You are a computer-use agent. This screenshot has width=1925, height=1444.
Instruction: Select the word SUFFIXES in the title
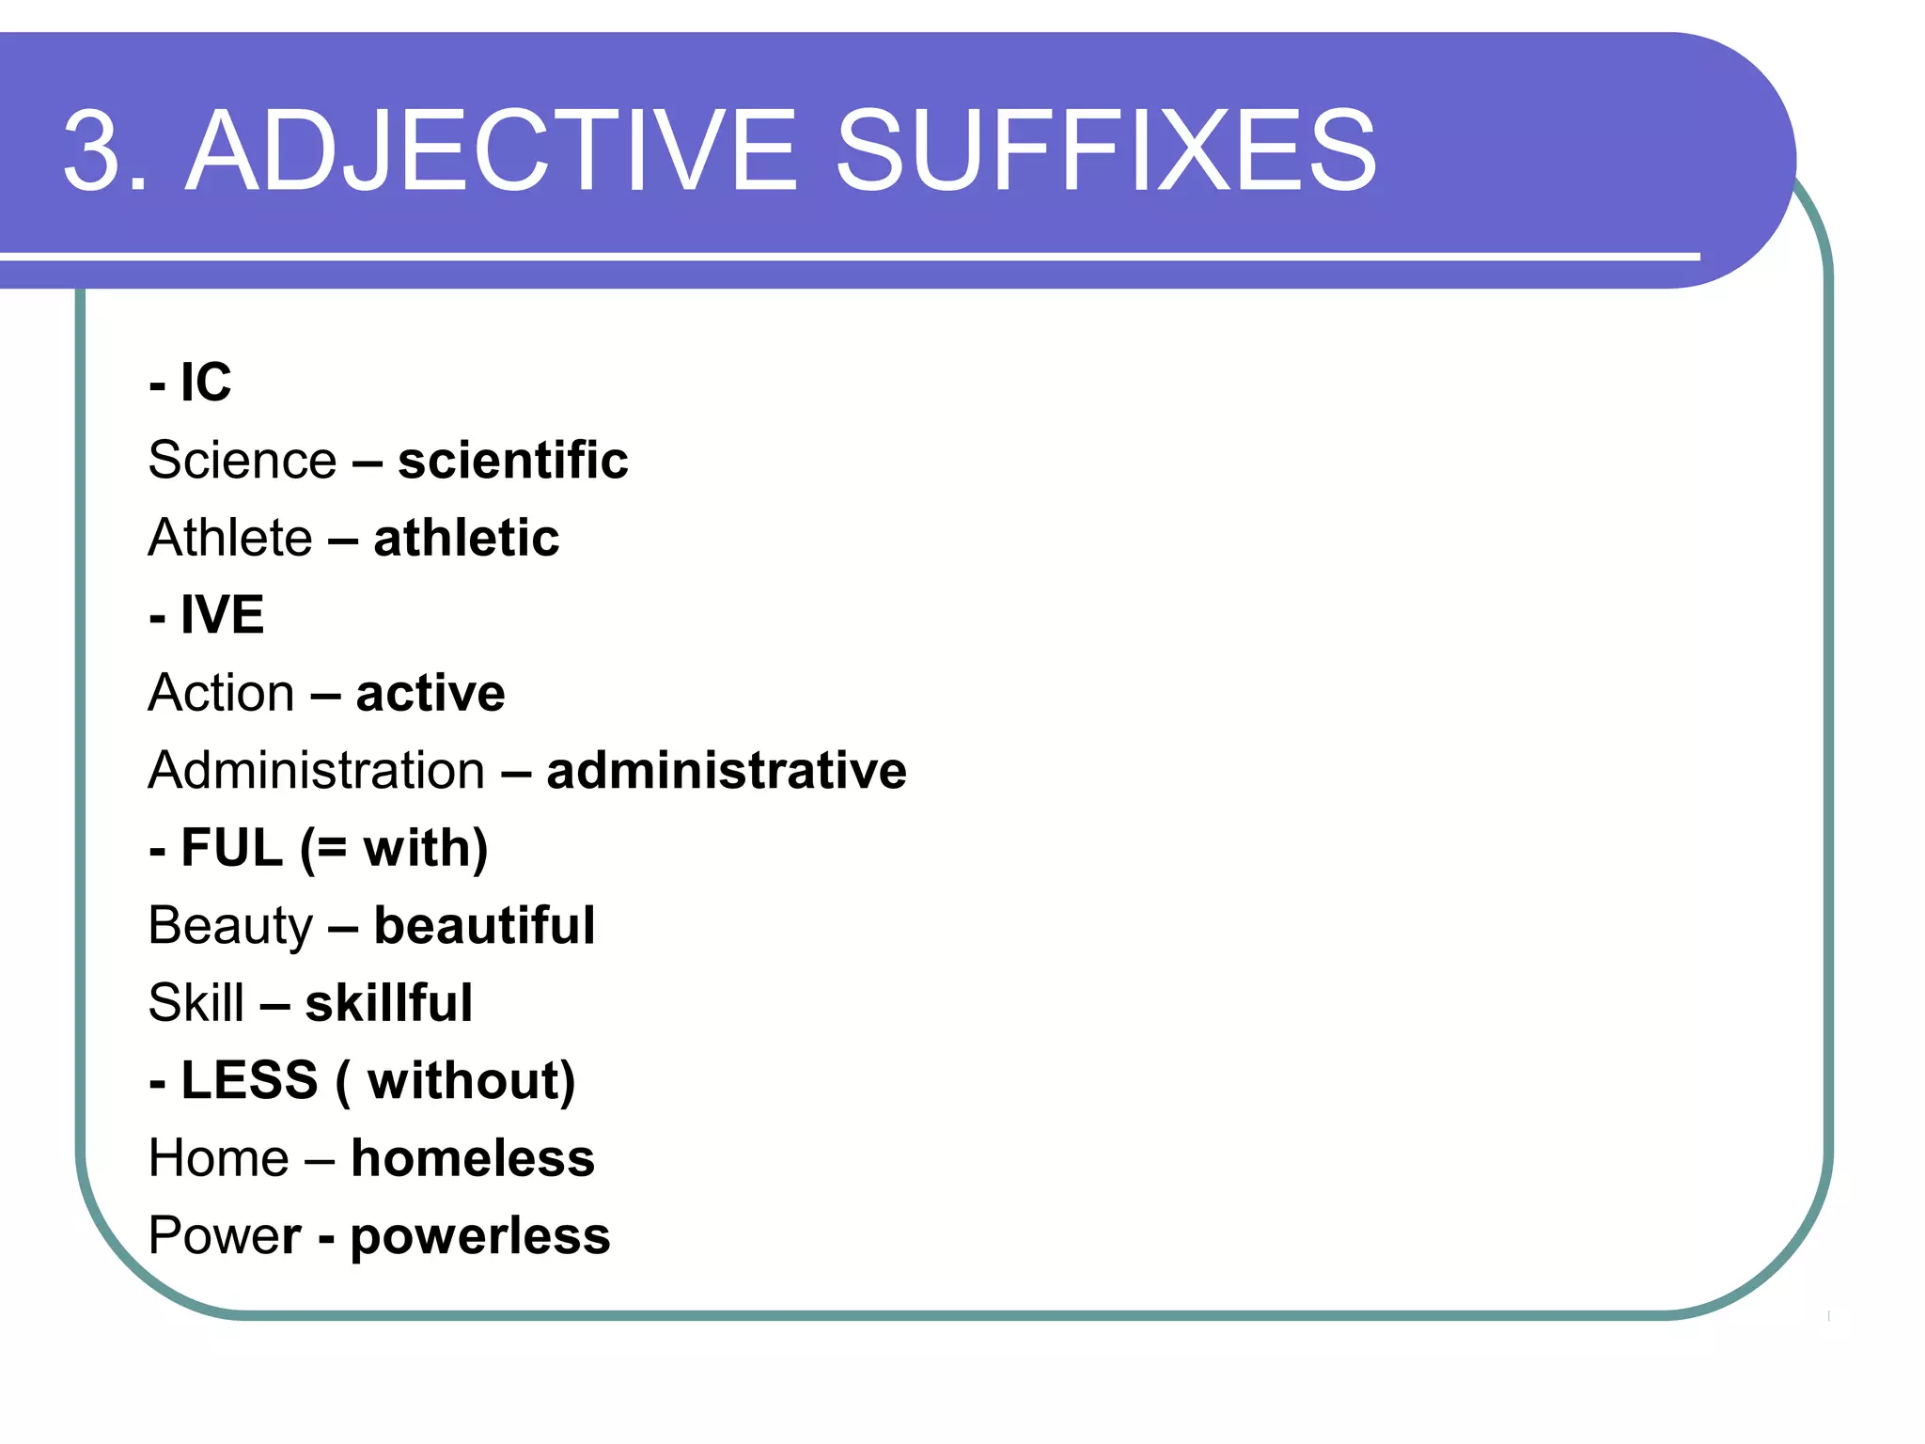1106,150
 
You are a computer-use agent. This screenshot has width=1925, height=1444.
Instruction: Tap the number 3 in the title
94,150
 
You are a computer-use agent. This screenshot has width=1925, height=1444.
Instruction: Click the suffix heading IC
205,383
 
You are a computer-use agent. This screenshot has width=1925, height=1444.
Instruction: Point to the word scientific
512,460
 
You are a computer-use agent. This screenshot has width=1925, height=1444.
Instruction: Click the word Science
243,460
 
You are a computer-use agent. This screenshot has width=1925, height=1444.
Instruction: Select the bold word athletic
466,538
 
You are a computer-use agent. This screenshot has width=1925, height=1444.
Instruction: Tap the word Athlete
230,538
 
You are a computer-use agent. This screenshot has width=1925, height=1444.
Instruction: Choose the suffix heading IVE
222,615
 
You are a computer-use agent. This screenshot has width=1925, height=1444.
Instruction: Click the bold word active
430,693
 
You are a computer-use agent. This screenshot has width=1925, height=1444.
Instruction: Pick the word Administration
317,770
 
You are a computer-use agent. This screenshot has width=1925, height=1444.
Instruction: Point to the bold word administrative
727,770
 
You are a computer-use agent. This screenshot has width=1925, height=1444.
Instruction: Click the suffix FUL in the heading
231,848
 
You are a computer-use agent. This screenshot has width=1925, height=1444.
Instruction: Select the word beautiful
484,925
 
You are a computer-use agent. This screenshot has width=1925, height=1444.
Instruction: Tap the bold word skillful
388,1002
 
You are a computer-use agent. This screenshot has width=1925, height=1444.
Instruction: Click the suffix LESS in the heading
249,1080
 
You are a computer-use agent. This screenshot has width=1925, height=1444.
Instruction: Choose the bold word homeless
473,1157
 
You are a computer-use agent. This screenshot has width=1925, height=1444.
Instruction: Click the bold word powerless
480,1235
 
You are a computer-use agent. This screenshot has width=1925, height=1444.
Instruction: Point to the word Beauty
230,925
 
